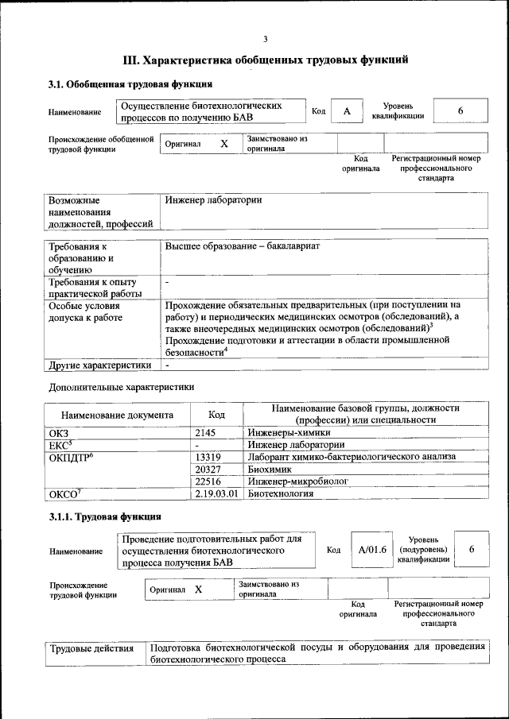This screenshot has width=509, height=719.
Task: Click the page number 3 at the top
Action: click(266, 40)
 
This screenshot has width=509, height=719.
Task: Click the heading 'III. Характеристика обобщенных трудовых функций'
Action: click(266, 60)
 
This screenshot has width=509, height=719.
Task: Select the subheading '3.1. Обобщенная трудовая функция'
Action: click(130, 84)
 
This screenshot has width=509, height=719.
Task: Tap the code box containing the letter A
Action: click(347, 111)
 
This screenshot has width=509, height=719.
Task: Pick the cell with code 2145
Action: click(216, 432)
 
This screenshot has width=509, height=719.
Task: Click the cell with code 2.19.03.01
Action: click(217, 494)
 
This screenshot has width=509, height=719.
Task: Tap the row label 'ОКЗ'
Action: click(59, 432)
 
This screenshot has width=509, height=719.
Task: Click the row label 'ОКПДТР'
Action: click(72, 457)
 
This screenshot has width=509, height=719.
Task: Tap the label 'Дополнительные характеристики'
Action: click(122, 387)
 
